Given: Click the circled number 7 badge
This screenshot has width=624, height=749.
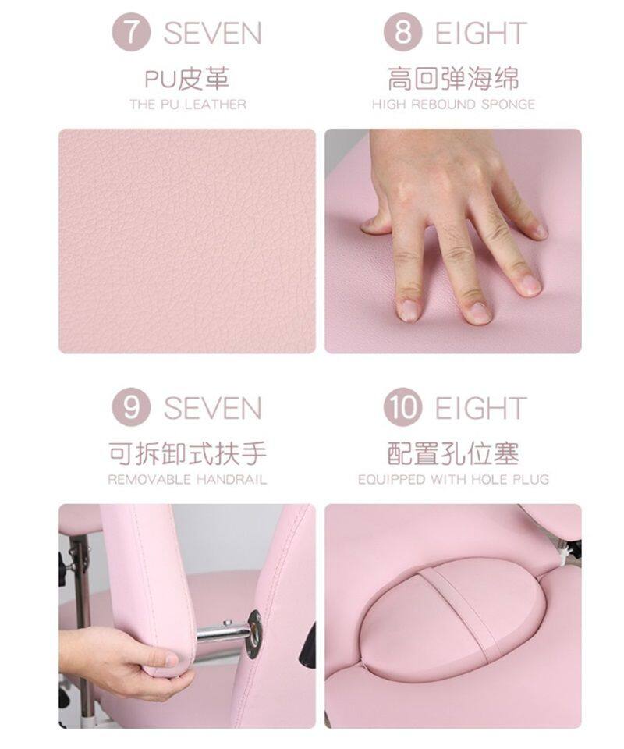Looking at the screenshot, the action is (x=131, y=32).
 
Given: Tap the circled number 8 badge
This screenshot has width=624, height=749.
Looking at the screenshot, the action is (x=402, y=32).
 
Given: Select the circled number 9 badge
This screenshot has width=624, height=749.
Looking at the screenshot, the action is (x=131, y=407).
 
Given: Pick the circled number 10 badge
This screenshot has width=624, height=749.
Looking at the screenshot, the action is (x=402, y=407).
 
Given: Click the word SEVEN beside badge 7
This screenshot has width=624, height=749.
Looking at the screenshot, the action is (x=212, y=33).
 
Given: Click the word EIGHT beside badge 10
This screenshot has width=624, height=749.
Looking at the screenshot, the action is (x=480, y=408).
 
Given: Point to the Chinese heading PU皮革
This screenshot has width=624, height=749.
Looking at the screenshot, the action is (x=187, y=79).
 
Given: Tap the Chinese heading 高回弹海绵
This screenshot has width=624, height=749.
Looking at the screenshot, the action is (x=453, y=79).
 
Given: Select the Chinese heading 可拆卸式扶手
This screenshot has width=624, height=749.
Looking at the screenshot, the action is (x=187, y=453).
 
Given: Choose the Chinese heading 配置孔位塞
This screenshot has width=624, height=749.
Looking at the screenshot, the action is (x=453, y=453).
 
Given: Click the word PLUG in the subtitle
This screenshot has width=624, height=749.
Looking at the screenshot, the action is (x=531, y=479).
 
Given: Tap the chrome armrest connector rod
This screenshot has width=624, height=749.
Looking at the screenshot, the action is (x=223, y=633).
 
